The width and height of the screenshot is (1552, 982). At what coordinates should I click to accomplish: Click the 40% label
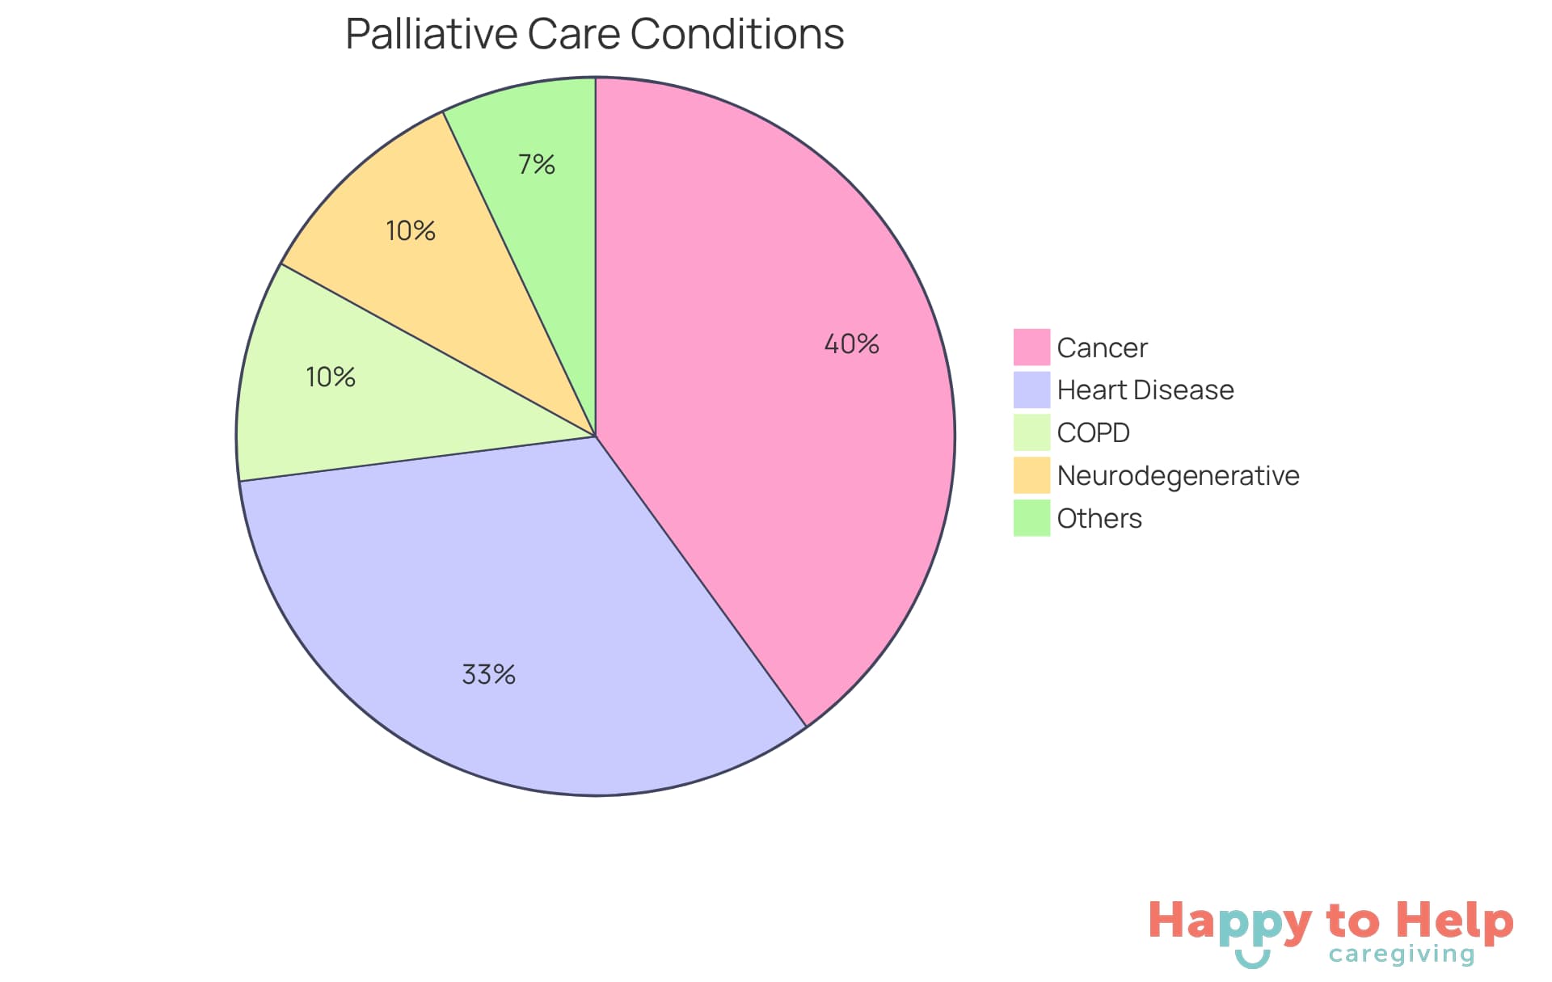[x=851, y=344]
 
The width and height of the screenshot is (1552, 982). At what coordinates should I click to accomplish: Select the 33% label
[x=488, y=674]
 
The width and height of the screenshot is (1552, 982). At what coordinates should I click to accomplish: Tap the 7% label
[x=537, y=165]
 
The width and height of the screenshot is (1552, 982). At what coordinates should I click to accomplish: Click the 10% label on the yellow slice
[x=411, y=231]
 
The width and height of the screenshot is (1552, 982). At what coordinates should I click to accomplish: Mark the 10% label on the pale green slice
[x=331, y=377]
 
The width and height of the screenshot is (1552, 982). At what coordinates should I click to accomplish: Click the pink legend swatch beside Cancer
[x=1031, y=347]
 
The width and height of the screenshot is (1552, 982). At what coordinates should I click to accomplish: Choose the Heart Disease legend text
[x=1145, y=390]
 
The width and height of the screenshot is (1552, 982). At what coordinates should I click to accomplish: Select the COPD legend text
[x=1093, y=433]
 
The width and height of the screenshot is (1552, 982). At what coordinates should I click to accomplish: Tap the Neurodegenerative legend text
[x=1178, y=476]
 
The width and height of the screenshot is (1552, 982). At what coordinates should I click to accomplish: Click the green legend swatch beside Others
[x=1031, y=518]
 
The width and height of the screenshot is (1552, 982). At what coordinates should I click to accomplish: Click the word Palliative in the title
[x=431, y=35]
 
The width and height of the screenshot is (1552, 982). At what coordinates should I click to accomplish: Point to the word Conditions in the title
[x=736, y=35]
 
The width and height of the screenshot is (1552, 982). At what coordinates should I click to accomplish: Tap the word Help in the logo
[x=1454, y=921]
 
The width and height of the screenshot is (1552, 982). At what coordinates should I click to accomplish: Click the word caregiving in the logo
[x=1402, y=955]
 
